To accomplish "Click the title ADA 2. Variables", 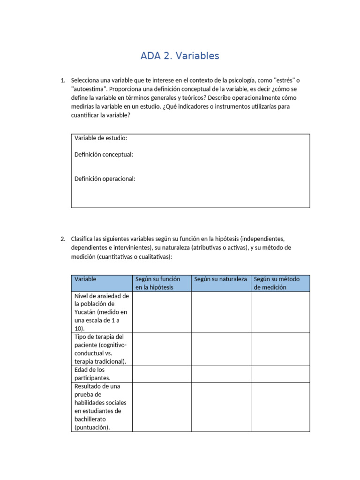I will (x=180, y=56).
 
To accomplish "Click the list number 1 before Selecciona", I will (x=63, y=80).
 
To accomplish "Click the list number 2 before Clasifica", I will (x=63, y=239).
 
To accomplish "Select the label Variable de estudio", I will (x=101, y=138).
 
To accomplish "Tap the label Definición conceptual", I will (x=104, y=154).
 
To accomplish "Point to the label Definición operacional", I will (x=105, y=179).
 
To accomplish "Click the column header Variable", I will (x=85, y=279).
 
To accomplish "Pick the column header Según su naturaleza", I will (x=220, y=279).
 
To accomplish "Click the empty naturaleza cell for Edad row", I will (x=221, y=374).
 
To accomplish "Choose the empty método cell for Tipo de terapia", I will (x=280, y=349).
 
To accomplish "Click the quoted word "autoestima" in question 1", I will (x=88, y=89).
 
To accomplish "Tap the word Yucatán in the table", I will (x=87, y=312).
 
